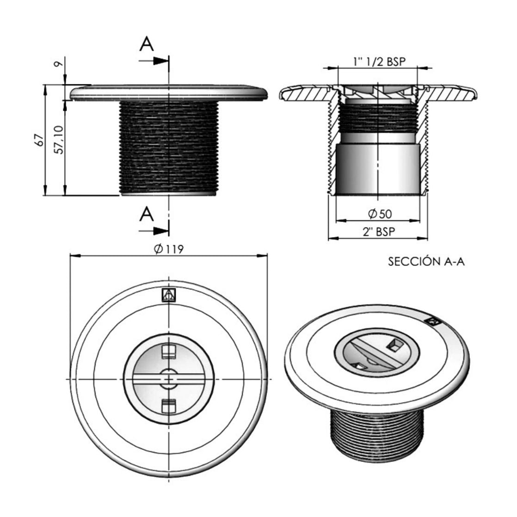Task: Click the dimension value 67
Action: click(x=41, y=140)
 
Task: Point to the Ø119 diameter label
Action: click(x=168, y=249)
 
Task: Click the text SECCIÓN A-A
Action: click(x=426, y=262)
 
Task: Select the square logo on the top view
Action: click(x=168, y=295)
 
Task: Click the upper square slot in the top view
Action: click(x=168, y=352)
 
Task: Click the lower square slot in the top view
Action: click(x=168, y=406)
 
